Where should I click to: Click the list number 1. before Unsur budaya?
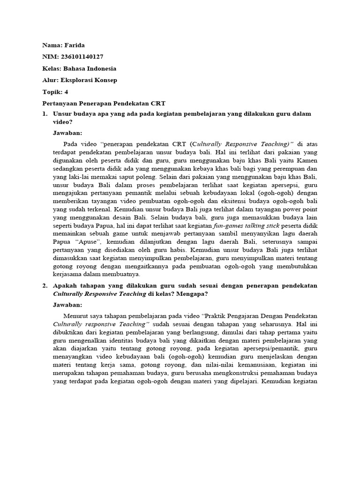click(45, 114)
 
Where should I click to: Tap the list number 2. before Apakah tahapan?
click(45, 285)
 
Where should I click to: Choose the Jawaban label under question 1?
click(67, 133)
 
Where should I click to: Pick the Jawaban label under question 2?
click(67, 304)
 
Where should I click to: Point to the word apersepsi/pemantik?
click(260, 349)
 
